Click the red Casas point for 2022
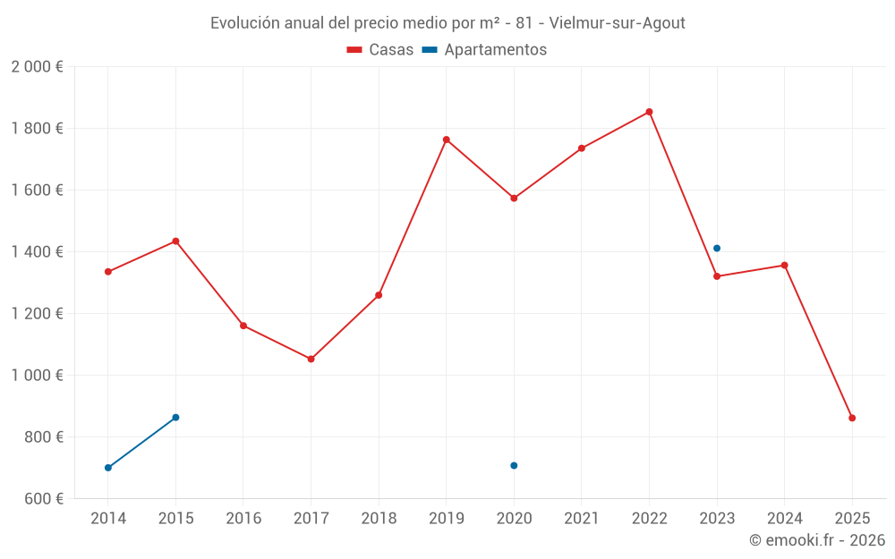point(649,112)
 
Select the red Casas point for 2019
point(447,140)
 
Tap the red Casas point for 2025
point(852,418)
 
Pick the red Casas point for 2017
point(311,359)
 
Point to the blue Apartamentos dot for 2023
point(717,248)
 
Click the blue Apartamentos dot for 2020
point(514,465)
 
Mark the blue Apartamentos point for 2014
point(108,468)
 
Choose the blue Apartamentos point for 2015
point(175,417)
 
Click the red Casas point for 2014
point(108,272)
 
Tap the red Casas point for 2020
point(514,198)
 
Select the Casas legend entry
point(381,50)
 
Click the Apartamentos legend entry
point(484,50)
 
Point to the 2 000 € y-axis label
point(38,67)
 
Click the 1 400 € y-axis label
point(38,252)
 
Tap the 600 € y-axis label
point(44,499)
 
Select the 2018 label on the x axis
point(379,519)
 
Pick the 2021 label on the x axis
point(582,519)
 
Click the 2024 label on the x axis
point(784,519)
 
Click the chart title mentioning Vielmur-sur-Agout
point(447,23)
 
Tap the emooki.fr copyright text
point(817,540)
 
